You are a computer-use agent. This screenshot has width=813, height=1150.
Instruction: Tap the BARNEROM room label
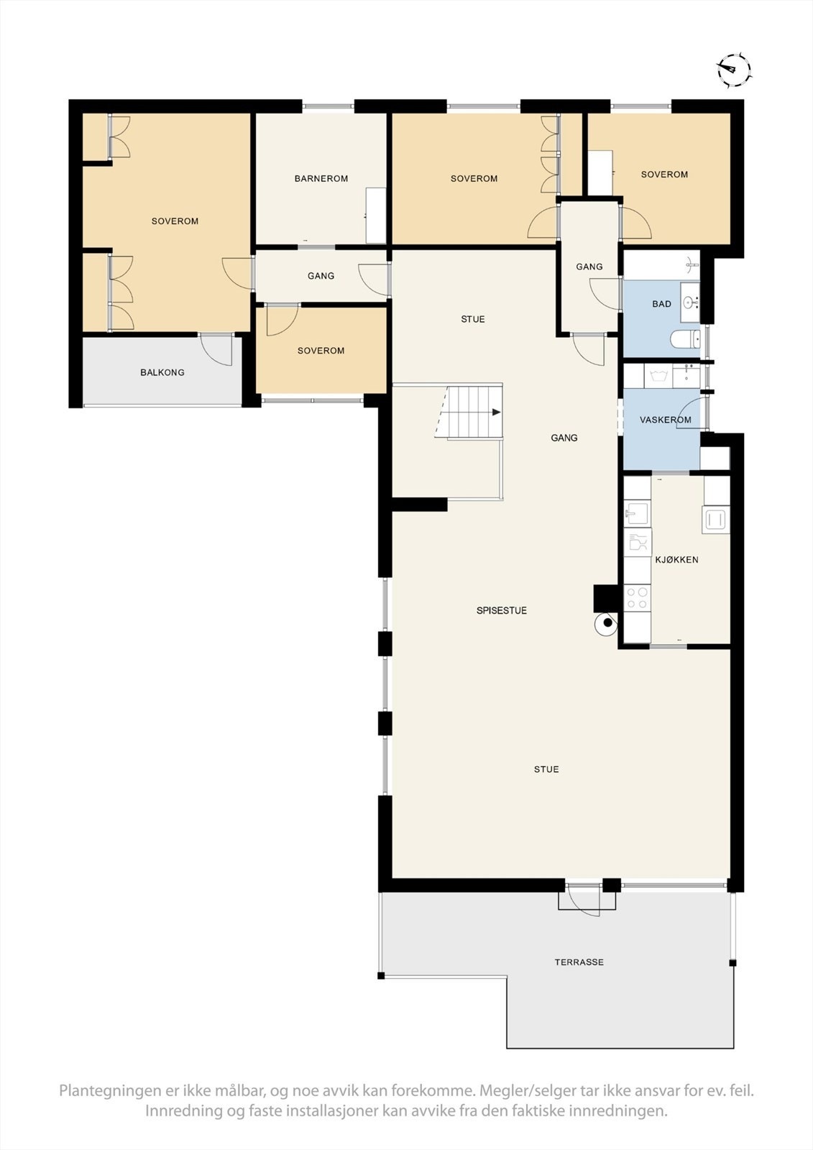point(321,179)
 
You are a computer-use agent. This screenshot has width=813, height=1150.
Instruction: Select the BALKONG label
point(162,372)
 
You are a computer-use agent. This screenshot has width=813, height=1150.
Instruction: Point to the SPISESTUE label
point(501,610)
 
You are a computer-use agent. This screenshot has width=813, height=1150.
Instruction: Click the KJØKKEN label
point(676,560)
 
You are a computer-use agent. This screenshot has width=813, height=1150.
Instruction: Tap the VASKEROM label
point(665,420)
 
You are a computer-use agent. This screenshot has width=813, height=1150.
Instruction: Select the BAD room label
point(661,304)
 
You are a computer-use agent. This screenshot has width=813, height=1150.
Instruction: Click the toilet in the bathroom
point(685,339)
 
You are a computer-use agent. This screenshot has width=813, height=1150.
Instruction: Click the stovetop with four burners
point(637,597)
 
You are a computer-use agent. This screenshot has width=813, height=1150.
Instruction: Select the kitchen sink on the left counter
point(637,512)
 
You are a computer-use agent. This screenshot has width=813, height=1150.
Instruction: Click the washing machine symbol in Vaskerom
point(658,376)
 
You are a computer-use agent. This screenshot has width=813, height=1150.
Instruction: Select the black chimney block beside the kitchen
point(606,598)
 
